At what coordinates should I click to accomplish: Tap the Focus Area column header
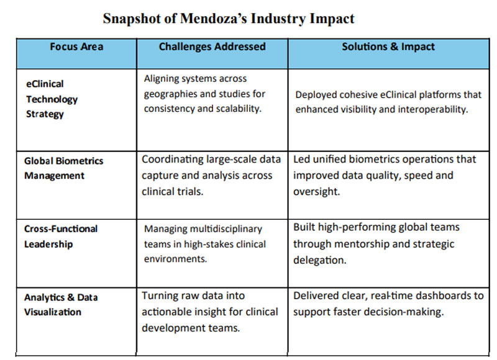point(76,47)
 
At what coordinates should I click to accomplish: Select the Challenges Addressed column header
point(212,47)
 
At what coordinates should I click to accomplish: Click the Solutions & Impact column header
point(388,47)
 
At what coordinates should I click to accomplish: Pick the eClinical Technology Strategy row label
point(52,99)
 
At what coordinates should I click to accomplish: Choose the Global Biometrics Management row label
point(64,168)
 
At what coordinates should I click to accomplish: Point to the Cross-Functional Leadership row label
point(61,236)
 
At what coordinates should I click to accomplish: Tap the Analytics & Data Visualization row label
point(61,305)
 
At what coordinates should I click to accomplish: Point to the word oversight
point(316,192)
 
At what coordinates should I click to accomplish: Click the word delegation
point(319,260)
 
